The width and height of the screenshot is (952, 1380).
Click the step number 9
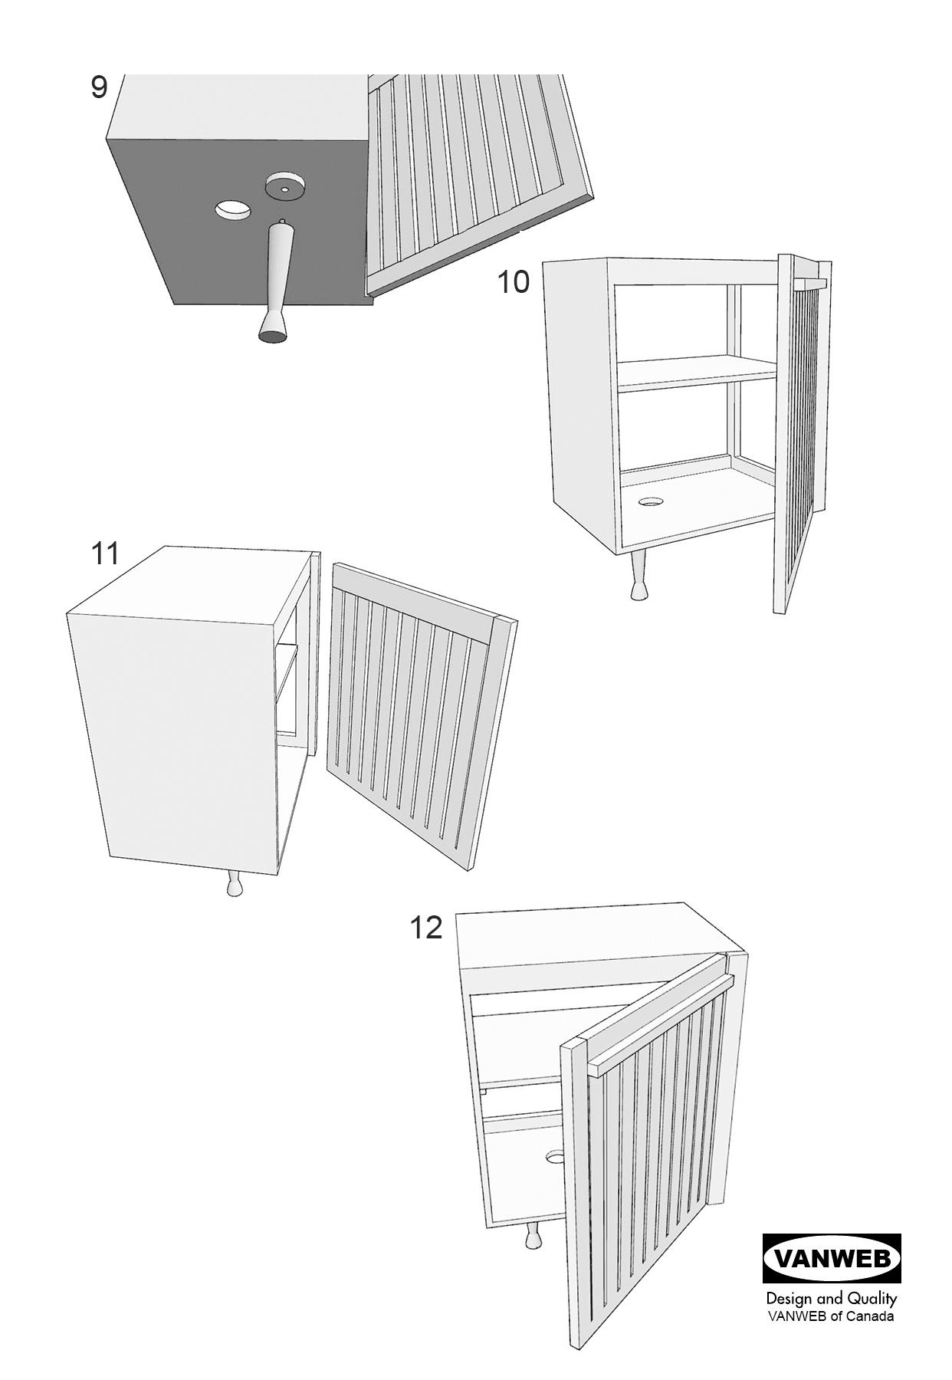[99, 87]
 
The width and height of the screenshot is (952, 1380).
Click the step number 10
[514, 282]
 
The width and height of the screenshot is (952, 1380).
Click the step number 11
[105, 553]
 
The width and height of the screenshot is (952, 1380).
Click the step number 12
[426, 928]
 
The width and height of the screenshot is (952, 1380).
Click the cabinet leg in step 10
[638, 577]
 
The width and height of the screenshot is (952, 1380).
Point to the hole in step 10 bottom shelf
[650, 502]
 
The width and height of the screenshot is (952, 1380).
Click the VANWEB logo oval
[832, 1259]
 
